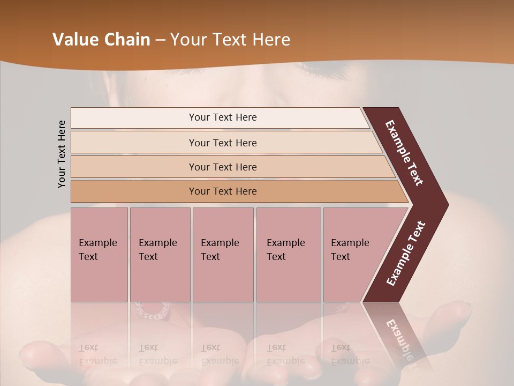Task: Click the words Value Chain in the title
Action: pos(101,40)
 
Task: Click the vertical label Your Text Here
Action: pos(62,154)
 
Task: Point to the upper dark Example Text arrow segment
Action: pos(405,153)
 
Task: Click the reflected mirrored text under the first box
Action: pos(97,354)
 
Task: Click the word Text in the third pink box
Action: pos(210,257)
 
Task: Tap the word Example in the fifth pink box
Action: pos(350,243)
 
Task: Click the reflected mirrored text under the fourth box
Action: pos(285,354)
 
